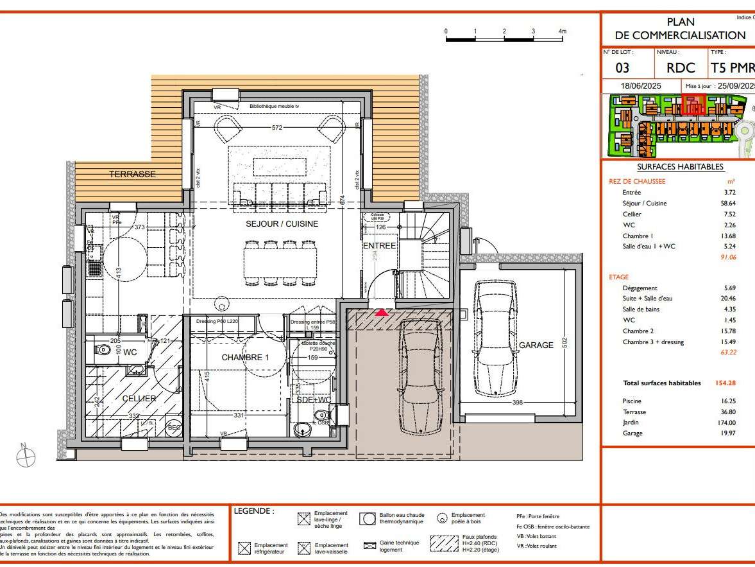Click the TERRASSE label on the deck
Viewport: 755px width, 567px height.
click(x=132, y=174)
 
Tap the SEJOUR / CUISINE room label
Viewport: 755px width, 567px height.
click(x=282, y=224)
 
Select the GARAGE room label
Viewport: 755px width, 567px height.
click(x=536, y=345)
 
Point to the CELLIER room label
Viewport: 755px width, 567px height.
click(x=139, y=399)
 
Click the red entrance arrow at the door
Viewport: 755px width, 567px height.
click(x=381, y=313)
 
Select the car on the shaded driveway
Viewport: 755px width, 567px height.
click(x=420, y=378)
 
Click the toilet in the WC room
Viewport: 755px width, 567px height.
click(x=103, y=351)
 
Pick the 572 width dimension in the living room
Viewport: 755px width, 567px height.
click(x=276, y=128)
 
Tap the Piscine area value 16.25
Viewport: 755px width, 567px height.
click(x=727, y=401)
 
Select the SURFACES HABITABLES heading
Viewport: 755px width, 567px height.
click(x=680, y=167)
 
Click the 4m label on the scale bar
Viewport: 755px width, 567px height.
click(x=563, y=31)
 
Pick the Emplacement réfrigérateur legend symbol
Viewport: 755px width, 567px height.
click(x=244, y=548)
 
